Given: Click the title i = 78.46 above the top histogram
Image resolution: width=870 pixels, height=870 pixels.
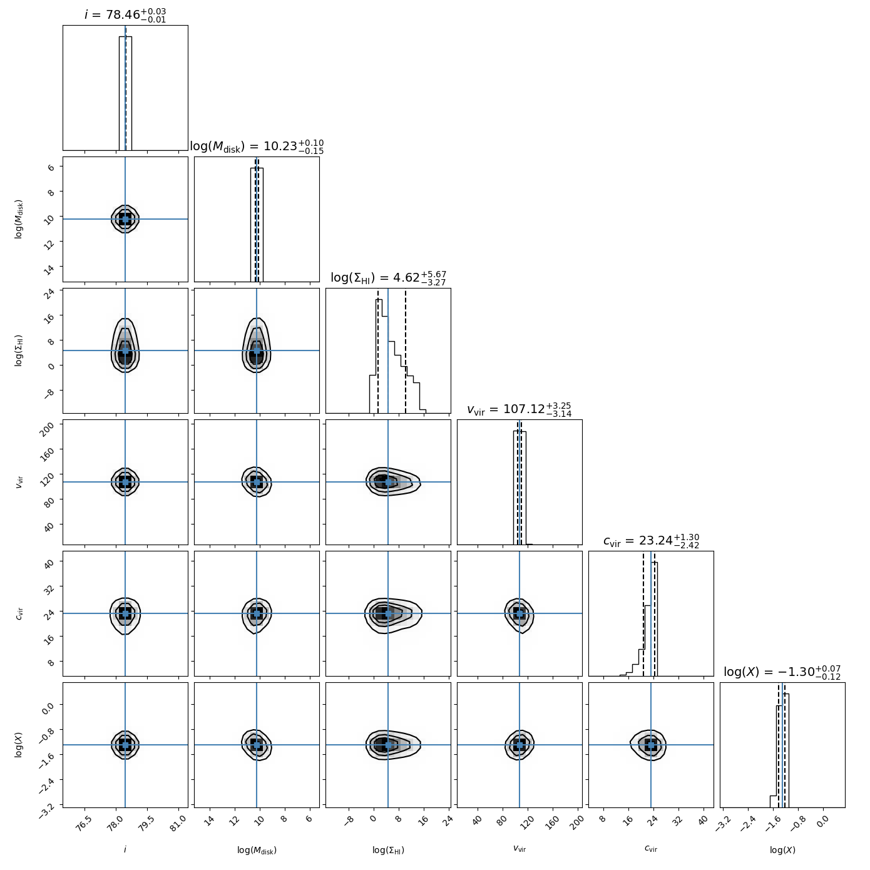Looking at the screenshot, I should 125,14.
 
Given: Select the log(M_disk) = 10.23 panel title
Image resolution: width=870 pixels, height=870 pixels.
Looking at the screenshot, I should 257,146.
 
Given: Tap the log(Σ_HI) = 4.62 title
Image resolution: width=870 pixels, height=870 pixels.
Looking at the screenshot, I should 388,278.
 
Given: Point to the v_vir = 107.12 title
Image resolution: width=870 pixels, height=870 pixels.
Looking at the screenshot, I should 519,409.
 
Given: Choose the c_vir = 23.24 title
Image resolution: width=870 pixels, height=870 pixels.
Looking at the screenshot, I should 651,541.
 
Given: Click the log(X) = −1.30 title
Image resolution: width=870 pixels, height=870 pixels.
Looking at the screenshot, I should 782,672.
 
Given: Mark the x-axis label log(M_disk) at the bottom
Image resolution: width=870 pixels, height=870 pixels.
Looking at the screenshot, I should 257,850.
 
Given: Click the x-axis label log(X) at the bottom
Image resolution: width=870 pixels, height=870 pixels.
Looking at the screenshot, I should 782,850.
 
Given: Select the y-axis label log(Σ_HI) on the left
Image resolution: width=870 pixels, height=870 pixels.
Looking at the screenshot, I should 19,351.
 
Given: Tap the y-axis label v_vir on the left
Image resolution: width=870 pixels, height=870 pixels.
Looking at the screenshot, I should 19,482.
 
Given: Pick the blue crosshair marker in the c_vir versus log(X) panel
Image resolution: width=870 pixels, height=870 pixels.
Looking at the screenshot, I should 651,745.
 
